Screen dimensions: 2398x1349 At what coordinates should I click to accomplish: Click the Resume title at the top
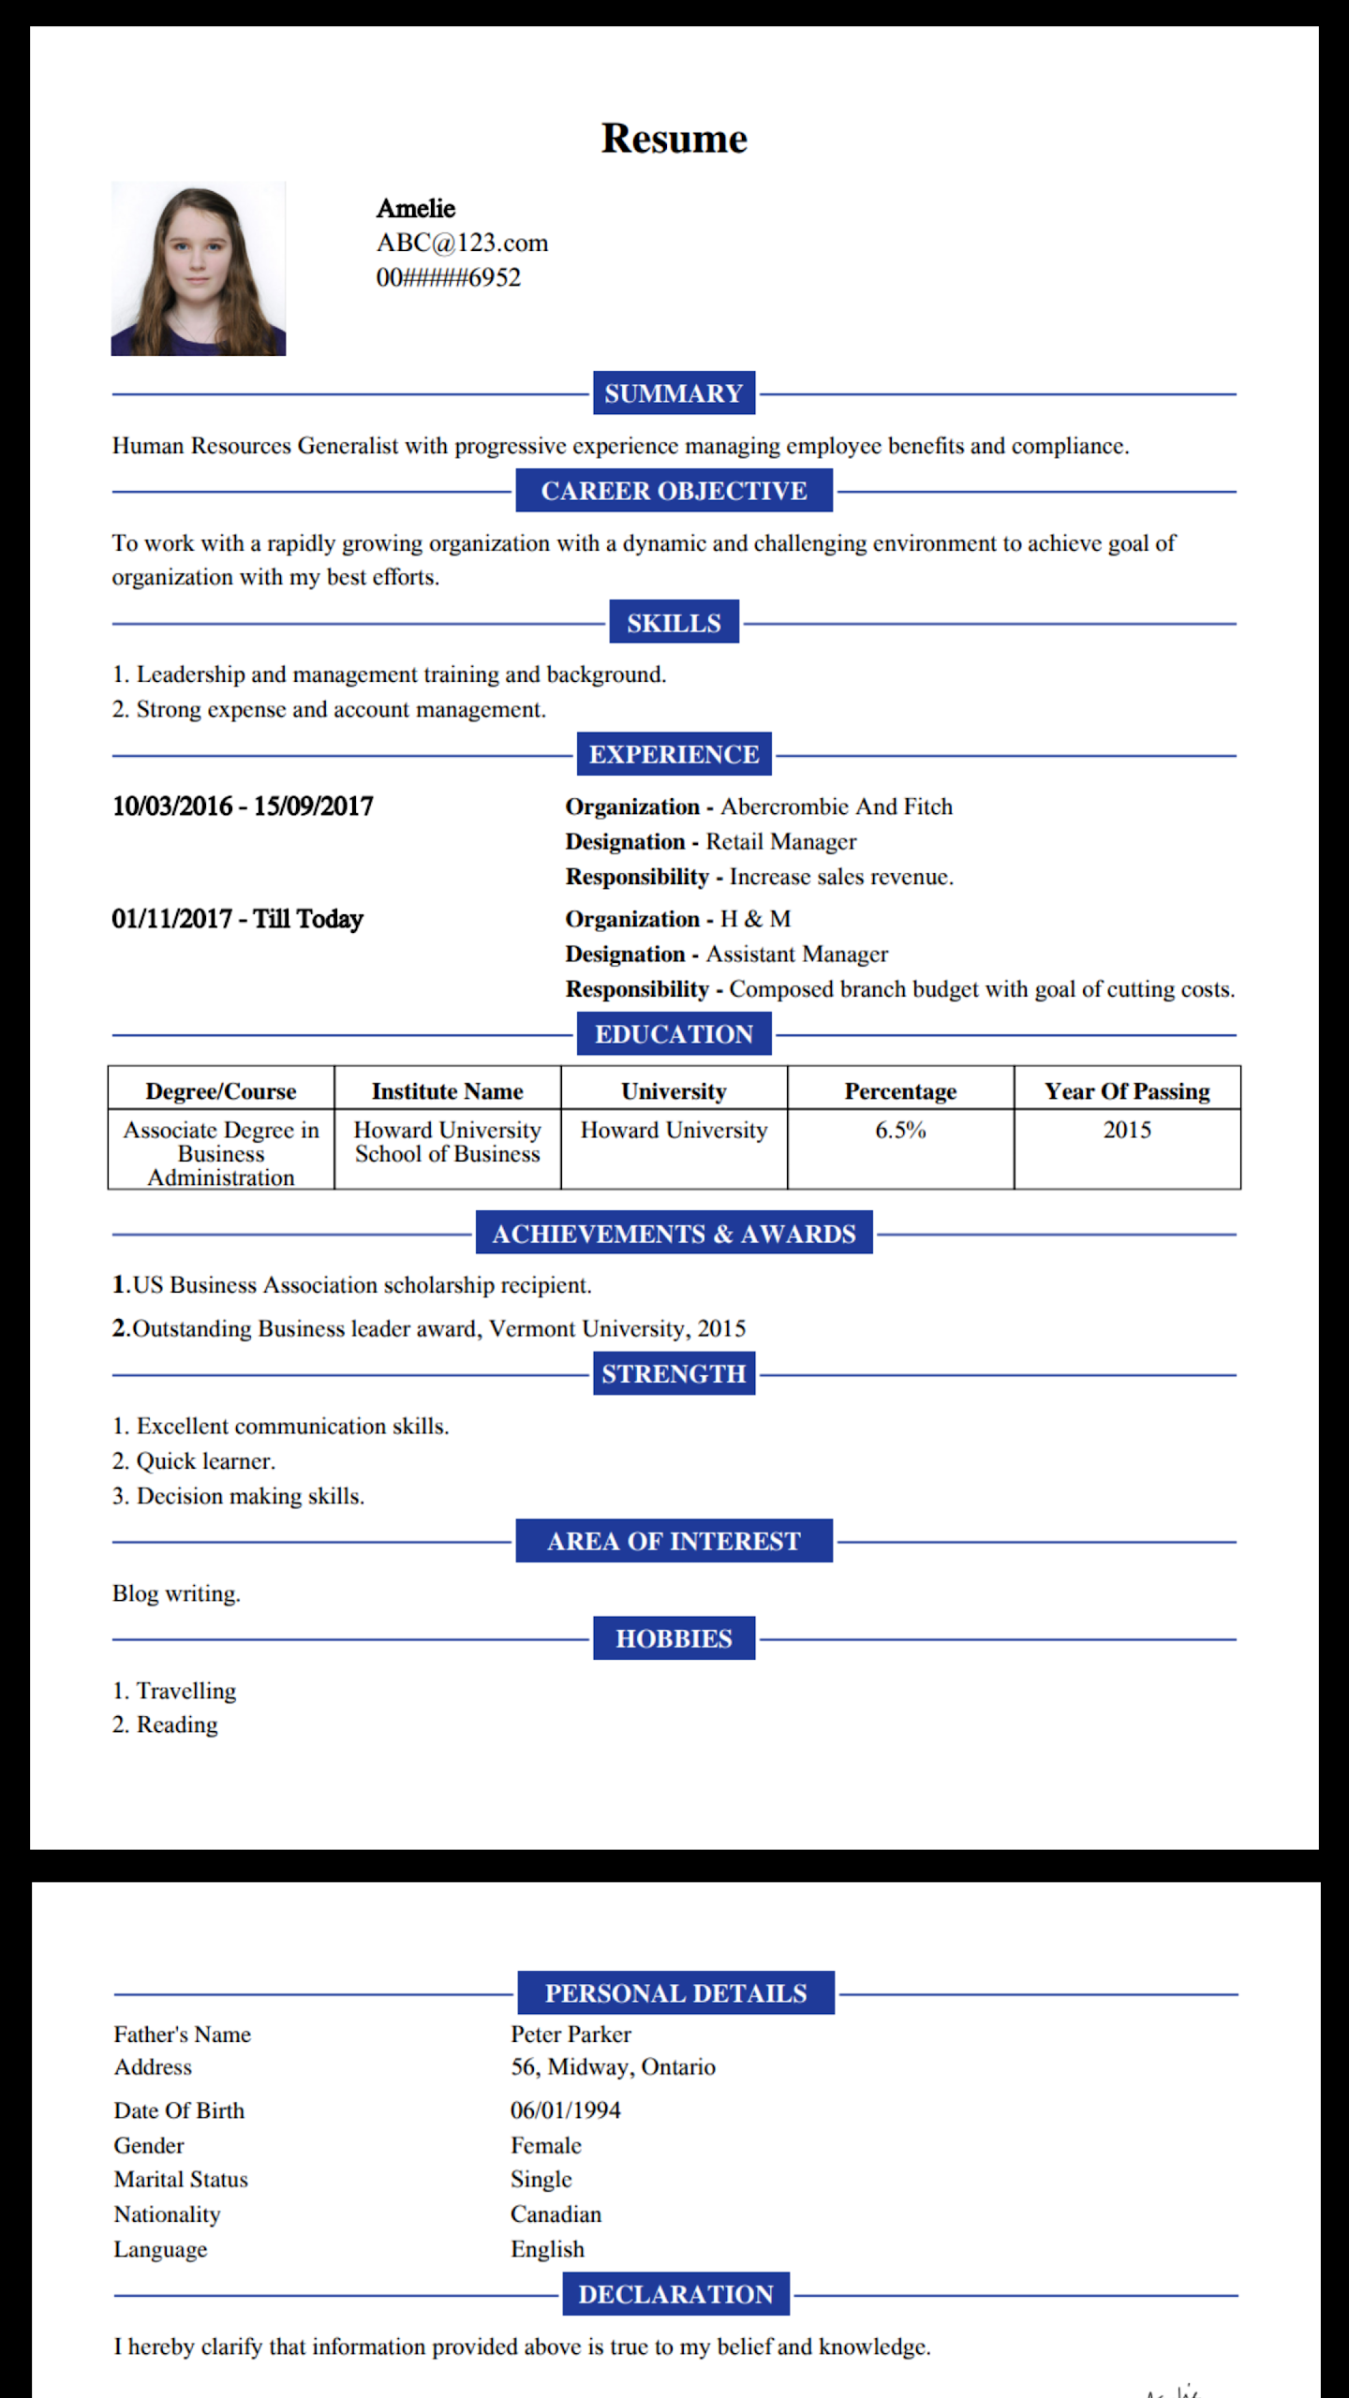pyautogui.click(x=674, y=139)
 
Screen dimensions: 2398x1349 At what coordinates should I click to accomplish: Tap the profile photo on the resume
pyautogui.click(x=198, y=269)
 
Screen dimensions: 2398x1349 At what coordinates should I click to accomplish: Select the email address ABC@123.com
pyautogui.click(x=462, y=243)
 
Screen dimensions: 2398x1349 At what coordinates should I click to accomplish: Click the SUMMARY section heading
pyautogui.click(x=674, y=393)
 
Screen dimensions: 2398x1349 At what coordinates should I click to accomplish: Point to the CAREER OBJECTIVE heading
pyautogui.click(x=674, y=491)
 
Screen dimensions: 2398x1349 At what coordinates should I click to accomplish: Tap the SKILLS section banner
pyautogui.click(x=674, y=623)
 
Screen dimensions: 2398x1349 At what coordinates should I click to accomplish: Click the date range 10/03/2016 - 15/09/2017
pyautogui.click(x=243, y=807)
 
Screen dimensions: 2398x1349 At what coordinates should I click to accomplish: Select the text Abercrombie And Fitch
pyautogui.click(x=836, y=807)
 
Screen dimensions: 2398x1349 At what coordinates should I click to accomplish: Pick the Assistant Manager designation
pyautogui.click(x=796, y=954)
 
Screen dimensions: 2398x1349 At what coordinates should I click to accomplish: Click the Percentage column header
pyautogui.click(x=900, y=1091)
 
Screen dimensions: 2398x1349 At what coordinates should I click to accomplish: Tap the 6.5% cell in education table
pyautogui.click(x=900, y=1131)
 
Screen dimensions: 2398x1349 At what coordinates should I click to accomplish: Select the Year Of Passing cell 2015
pyautogui.click(x=1127, y=1131)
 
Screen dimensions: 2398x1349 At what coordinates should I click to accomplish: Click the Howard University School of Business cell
pyautogui.click(x=448, y=1142)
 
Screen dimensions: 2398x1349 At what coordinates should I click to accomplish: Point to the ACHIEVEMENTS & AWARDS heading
pyautogui.click(x=674, y=1234)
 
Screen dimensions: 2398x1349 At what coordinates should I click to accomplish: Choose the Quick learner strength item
pyautogui.click(x=205, y=1461)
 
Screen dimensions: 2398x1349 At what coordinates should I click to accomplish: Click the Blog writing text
pyautogui.click(x=176, y=1593)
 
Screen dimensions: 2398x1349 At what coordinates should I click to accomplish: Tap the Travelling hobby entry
pyautogui.click(x=185, y=1691)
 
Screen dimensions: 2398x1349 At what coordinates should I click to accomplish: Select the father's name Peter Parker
pyautogui.click(x=571, y=2034)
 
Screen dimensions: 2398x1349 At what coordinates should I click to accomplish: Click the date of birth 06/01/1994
pyautogui.click(x=565, y=2110)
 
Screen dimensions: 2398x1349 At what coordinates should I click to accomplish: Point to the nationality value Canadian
pyautogui.click(x=556, y=2214)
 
